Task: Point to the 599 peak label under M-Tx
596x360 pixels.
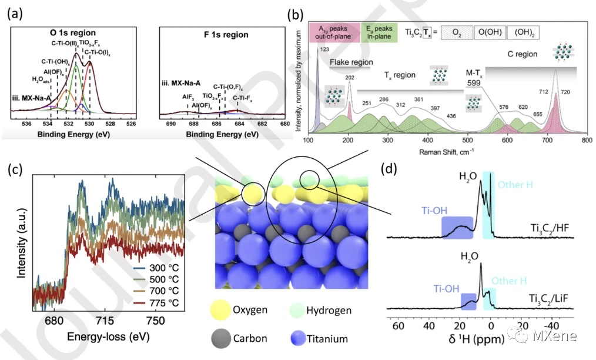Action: coord(474,84)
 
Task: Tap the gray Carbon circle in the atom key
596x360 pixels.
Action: coord(223,338)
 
